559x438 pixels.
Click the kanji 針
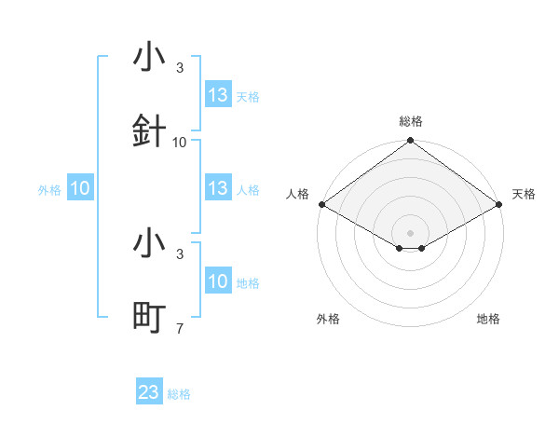tap(149, 131)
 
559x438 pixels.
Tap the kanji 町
tap(149, 317)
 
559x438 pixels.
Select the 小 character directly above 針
tap(149, 58)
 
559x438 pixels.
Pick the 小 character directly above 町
tap(149, 243)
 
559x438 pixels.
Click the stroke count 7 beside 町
tap(179, 328)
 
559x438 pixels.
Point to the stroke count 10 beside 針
tap(180, 143)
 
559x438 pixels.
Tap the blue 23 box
tap(149, 392)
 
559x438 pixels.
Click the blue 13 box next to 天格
tap(218, 95)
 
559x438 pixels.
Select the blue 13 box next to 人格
tap(218, 188)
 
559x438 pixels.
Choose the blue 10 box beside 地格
tap(218, 281)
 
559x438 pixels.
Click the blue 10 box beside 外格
tap(80, 188)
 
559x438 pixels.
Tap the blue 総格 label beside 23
tap(179, 394)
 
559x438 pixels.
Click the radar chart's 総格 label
tap(410, 121)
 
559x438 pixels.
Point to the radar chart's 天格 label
tap(524, 194)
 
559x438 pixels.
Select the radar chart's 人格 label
tap(297, 194)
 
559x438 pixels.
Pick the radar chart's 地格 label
tap(488, 319)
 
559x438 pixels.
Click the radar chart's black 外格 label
tap(328, 319)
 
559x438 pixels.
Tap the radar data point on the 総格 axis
tap(410, 142)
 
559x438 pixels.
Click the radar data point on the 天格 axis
tap(499, 204)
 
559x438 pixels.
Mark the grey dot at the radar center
tap(410, 232)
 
